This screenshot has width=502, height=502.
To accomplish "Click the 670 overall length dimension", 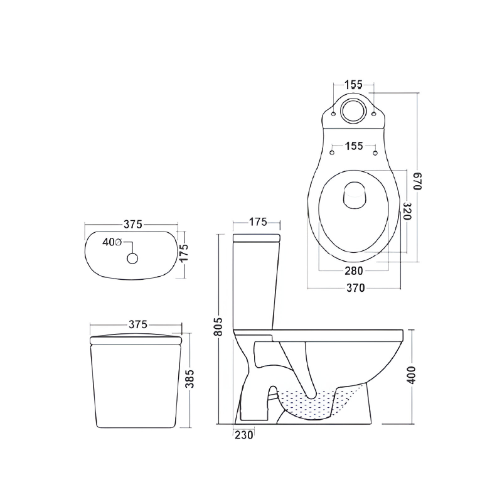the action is pos(419,181).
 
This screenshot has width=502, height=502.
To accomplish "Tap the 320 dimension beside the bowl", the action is pos(407,211).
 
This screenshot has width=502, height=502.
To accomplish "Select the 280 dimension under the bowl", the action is pos(354,271).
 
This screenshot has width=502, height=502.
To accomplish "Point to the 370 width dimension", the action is pos(355,288).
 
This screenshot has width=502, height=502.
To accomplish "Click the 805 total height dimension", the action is pos(218,326).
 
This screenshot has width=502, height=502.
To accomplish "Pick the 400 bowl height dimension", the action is pos(412,375).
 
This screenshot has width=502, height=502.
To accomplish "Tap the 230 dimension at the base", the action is pos(244,435).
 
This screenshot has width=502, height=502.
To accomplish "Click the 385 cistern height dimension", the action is pos(190,379).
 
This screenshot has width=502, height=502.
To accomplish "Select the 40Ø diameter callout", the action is pos(112,242).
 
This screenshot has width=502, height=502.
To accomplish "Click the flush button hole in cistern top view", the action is pos(132,258).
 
